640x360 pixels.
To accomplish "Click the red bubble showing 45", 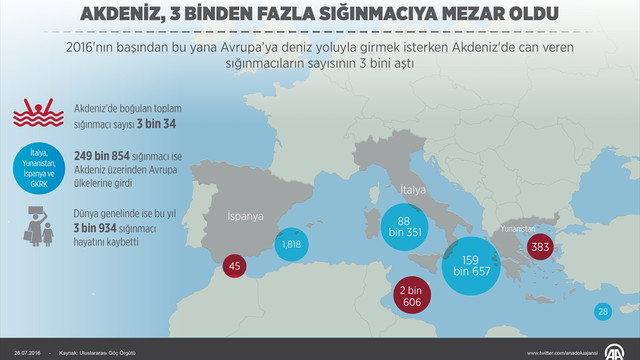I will [x=234, y=266].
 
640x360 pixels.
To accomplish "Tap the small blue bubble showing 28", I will [x=602, y=312].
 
